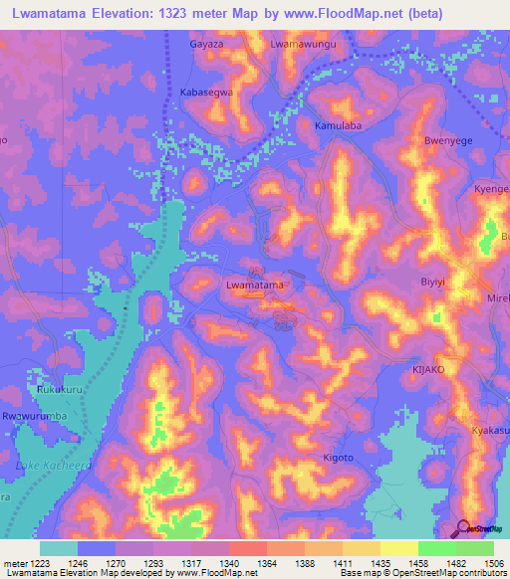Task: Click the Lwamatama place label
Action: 256,286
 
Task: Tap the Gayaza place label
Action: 207,45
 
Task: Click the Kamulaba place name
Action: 337,127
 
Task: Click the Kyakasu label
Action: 490,430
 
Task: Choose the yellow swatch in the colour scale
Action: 398,548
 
